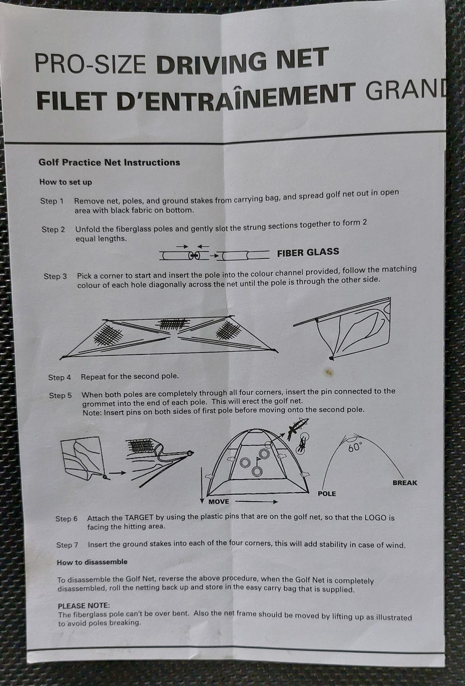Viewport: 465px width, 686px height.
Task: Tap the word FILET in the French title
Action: pos(70,101)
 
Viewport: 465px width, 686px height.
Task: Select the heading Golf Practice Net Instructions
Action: pos(109,162)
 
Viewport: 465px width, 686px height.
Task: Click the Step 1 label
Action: pos(52,201)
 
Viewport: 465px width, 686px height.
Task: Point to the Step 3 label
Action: pos(55,276)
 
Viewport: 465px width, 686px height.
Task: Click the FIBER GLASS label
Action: pos(308,253)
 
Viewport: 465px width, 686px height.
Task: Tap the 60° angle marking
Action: pos(355,447)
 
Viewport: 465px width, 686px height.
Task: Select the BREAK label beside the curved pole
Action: pos(405,483)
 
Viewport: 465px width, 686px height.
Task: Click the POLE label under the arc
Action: pos(327,494)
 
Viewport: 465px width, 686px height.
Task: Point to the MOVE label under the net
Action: pos(218,502)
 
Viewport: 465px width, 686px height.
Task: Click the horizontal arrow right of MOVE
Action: pos(256,502)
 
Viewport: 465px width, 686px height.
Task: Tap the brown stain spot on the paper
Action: pos(329,372)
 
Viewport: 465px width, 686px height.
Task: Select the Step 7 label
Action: pos(67,545)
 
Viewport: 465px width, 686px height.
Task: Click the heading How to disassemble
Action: pos(92,562)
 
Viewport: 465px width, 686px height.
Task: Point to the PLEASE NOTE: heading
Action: pos(84,606)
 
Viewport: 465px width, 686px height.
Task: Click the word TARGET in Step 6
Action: pos(139,518)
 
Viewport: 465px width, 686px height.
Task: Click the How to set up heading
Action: pos(65,182)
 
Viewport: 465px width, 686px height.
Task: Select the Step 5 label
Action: pos(60,396)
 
